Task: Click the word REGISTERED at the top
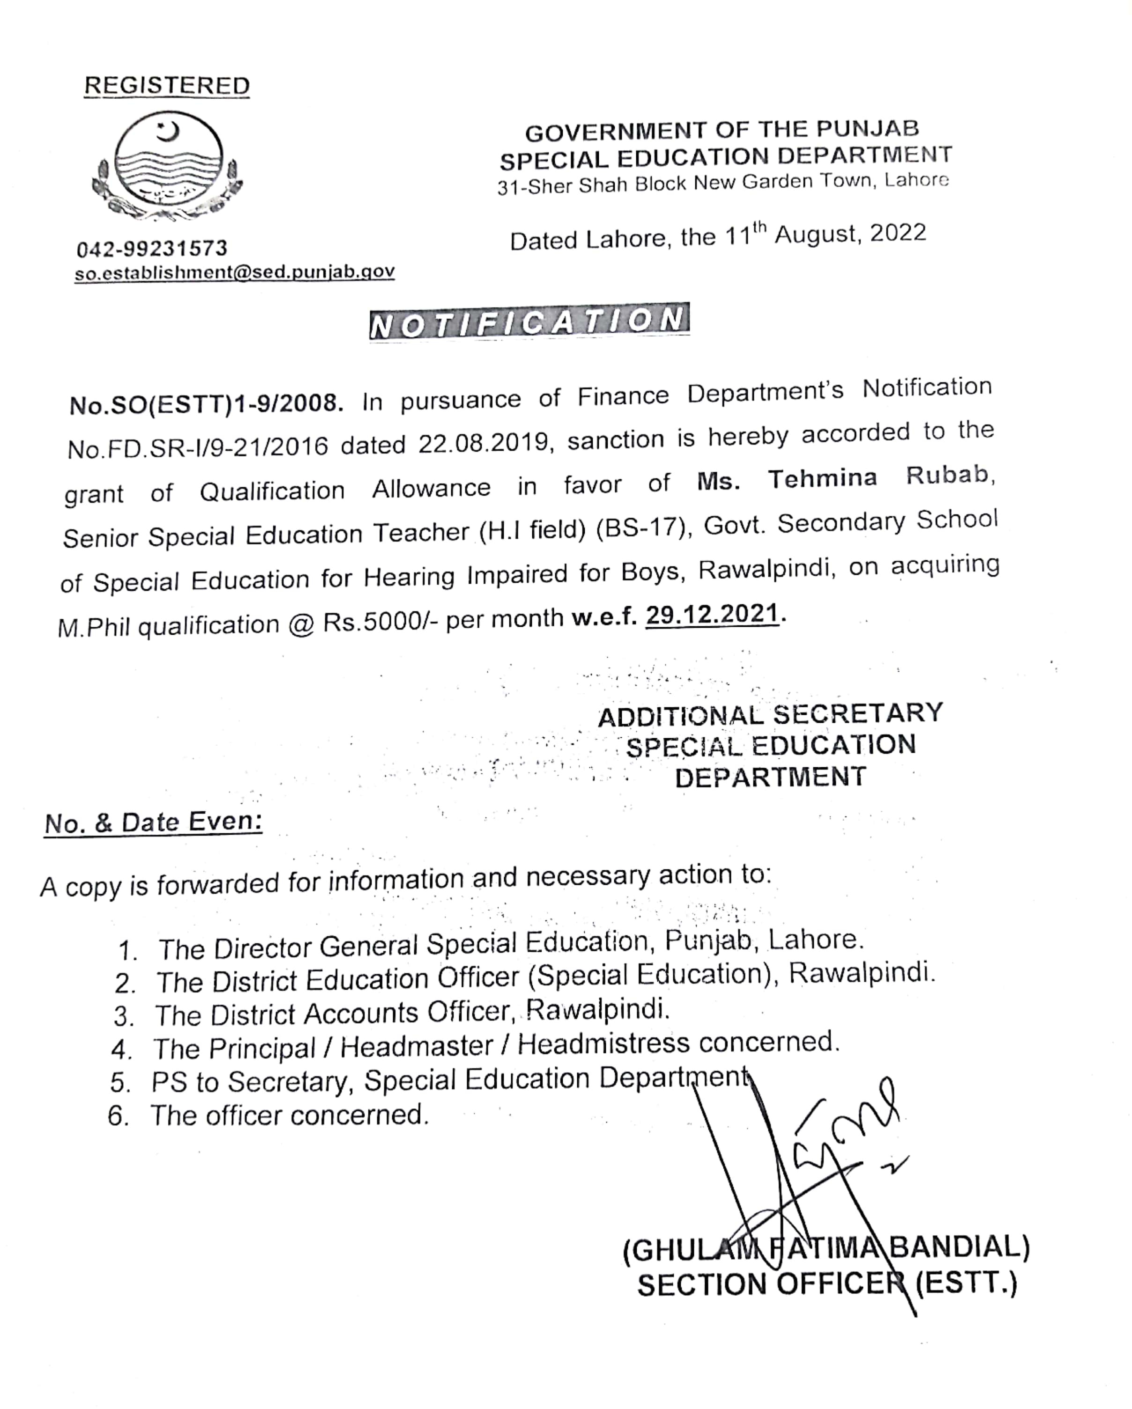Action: coord(167,86)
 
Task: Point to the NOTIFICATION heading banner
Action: coord(529,321)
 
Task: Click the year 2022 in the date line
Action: coord(898,233)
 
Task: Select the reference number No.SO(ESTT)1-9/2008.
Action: coord(206,404)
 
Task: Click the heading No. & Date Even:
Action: coord(154,822)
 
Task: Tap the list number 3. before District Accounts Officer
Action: coord(124,1017)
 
